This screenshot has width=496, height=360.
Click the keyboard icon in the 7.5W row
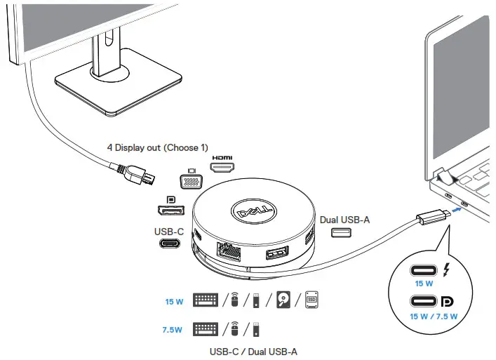pos(206,328)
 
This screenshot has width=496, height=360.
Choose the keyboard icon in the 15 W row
pos(206,300)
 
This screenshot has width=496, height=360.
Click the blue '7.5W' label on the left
pos(173,328)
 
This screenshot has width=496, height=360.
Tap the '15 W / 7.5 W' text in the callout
pos(430,316)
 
